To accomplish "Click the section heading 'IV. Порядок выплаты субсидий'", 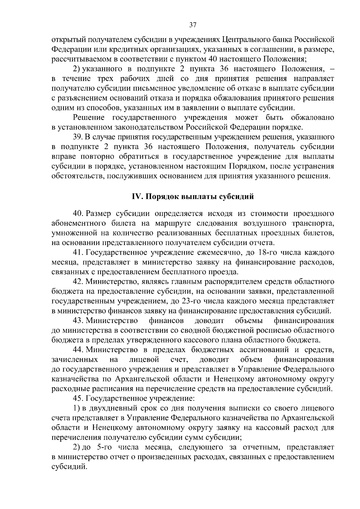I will [x=193, y=197].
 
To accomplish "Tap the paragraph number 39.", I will [x=78, y=137].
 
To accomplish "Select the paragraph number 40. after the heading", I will [x=78, y=214].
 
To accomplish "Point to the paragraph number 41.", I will [x=78, y=252].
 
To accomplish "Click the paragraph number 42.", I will [x=78, y=282].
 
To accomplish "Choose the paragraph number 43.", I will [x=78, y=321].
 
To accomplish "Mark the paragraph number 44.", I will [x=78, y=350].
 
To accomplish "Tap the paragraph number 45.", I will [x=78, y=399].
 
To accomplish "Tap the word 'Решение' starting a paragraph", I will [x=89, y=118].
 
